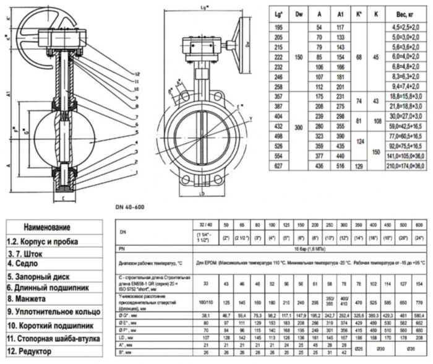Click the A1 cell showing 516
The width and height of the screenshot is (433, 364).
tap(340, 183)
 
